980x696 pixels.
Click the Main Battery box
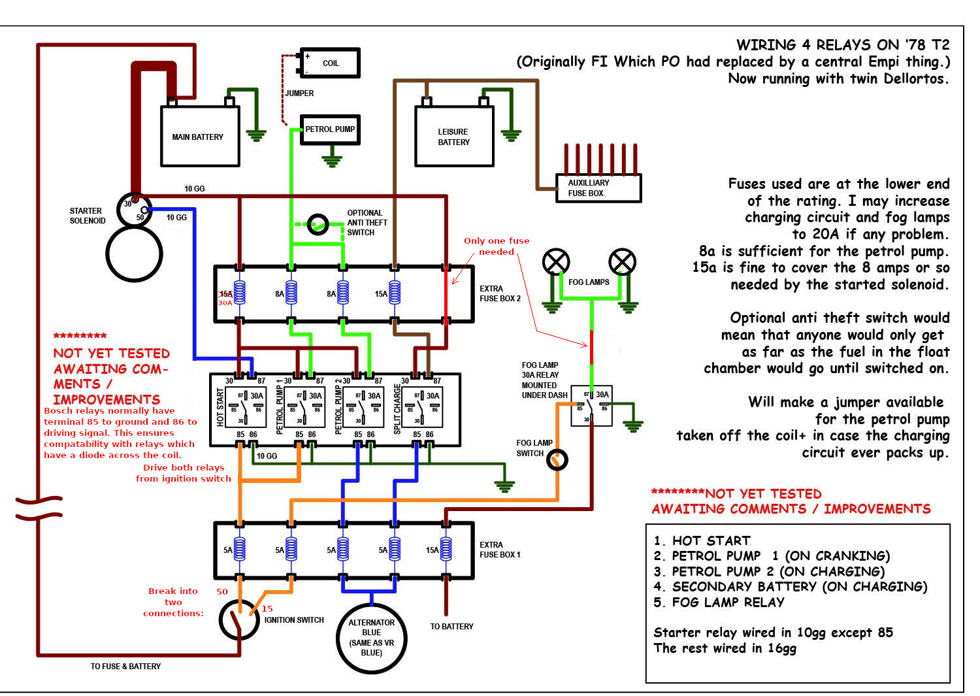coord(200,136)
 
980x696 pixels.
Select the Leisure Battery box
coord(454,136)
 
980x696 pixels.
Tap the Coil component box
coord(330,63)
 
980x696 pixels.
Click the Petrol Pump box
coord(330,129)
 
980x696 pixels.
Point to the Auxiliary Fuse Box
coord(598,188)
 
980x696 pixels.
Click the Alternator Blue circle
coord(371,638)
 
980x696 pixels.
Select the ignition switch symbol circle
coord(239,619)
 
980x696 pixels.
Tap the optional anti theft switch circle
coord(318,224)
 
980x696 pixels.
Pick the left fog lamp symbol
coord(556,262)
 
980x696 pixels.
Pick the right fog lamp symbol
coord(622,262)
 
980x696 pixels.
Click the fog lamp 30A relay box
coord(591,405)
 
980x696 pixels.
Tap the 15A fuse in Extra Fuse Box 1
coord(446,550)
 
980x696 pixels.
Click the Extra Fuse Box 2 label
coord(500,293)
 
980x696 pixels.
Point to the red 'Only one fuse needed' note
coord(497,246)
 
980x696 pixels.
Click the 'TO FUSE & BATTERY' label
coord(125,666)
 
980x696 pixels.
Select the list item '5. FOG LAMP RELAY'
coord(719,602)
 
